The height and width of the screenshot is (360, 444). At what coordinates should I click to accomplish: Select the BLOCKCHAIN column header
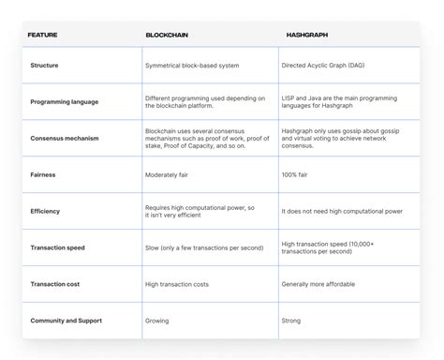[x=166, y=35]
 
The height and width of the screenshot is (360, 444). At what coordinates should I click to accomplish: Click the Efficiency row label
[x=47, y=211]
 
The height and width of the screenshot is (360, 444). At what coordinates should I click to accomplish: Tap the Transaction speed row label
[x=62, y=247]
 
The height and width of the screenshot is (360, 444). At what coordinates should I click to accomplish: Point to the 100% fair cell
[x=299, y=174]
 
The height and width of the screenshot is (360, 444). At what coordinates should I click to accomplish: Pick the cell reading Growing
[x=159, y=321]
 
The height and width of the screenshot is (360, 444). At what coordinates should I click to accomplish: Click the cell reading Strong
[x=292, y=321]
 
